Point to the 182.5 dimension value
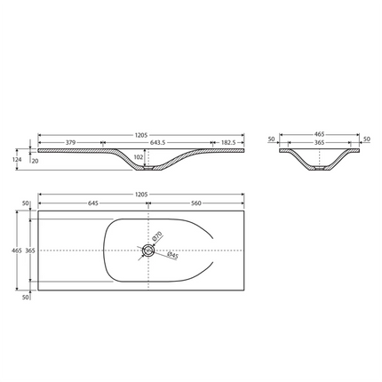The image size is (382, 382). (230, 143)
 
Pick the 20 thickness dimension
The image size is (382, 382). (36, 161)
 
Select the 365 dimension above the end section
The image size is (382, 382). (318, 141)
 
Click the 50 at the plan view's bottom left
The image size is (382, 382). (27, 297)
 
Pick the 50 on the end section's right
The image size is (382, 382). (365, 139)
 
